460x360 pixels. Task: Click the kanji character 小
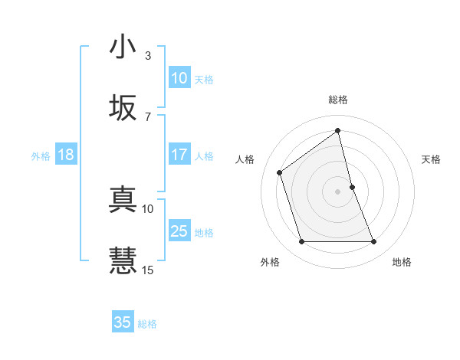point(123,47)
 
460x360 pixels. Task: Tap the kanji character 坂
point(123,108)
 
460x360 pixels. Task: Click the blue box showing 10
point(179,78)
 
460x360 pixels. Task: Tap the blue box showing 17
point(179,155)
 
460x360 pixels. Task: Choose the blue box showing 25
point(179,231)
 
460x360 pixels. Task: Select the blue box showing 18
point(66,155)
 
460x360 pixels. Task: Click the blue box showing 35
point(123,322)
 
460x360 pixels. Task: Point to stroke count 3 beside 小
point(148,56)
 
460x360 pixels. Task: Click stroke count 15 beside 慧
point(148,270)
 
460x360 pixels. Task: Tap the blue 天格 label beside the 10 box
point(203,80)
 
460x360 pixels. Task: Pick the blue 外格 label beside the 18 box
point(41,156)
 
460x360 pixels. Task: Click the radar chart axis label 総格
point(338,100)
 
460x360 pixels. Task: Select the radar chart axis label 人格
point(245,159)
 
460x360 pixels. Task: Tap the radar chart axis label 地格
point(402,262)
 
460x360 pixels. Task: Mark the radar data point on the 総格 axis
point(338,131)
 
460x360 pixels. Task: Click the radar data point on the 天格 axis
point(352,187)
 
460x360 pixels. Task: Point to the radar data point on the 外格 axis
point(301,242)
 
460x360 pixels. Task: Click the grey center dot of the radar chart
point(338,191)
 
